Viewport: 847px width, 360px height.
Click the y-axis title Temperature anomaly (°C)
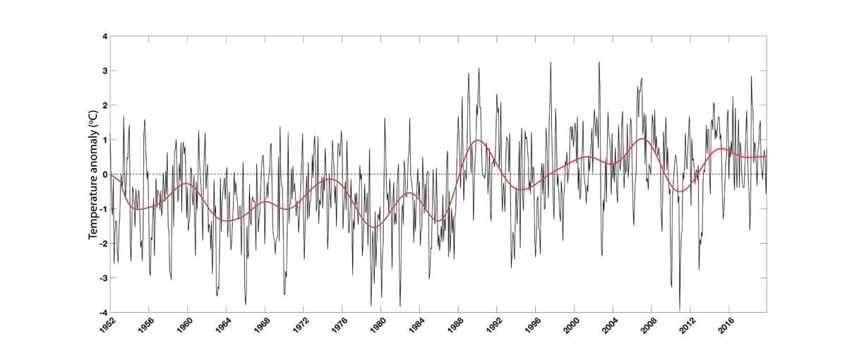(93, 174)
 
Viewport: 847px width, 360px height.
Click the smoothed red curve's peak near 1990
(478, 140)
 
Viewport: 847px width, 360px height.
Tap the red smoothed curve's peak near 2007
(641, 138)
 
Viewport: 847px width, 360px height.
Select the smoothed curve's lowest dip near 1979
(374, 226)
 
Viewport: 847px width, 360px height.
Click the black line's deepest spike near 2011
(680, 309)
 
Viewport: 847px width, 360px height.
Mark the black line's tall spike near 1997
(551, 63)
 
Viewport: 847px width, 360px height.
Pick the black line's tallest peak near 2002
(599, 62)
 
